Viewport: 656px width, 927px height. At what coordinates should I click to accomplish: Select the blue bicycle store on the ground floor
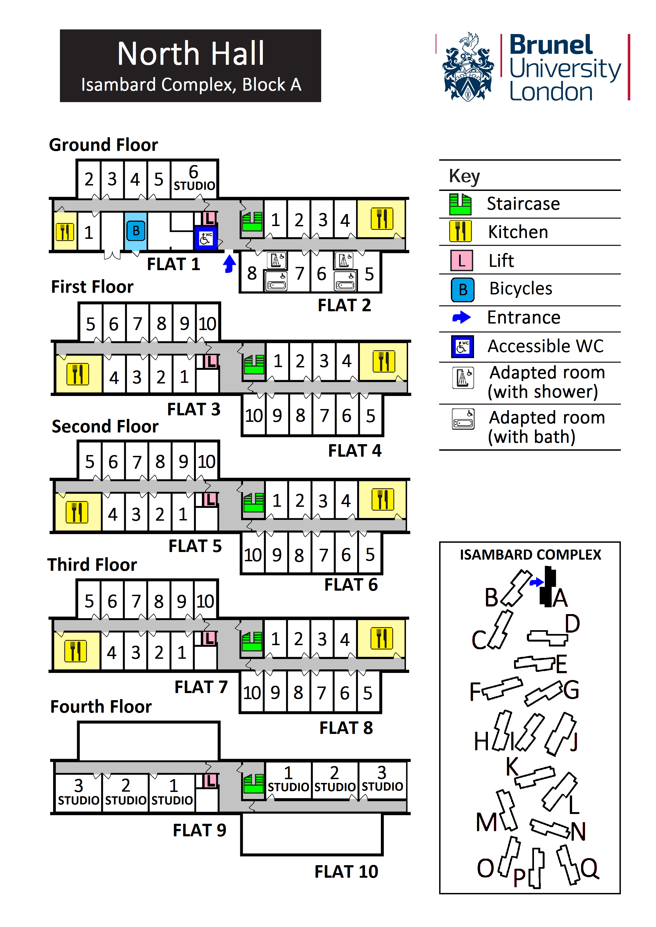[x=136, y=231]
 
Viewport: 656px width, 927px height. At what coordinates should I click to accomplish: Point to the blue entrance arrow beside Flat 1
[x=229, y=263]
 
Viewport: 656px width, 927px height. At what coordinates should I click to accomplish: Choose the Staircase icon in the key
[x=460, y=204]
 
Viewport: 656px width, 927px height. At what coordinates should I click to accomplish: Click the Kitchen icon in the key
[x=460, y=231]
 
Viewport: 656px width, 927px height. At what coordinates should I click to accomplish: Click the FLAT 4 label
[x=354, y=451]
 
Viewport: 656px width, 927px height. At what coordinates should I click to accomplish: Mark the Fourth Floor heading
[x=101, y=707]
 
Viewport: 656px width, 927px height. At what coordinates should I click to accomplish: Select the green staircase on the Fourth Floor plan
[x=253, y=784]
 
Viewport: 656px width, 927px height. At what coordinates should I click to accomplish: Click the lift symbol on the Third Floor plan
[x=209, y=638]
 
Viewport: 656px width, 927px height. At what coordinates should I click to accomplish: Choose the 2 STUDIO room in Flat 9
[x=126, y=791]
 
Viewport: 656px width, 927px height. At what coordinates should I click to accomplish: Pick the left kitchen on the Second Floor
[x=77, y=512]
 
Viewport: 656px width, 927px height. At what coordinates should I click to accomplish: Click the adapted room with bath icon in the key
[x=463, y=419]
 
